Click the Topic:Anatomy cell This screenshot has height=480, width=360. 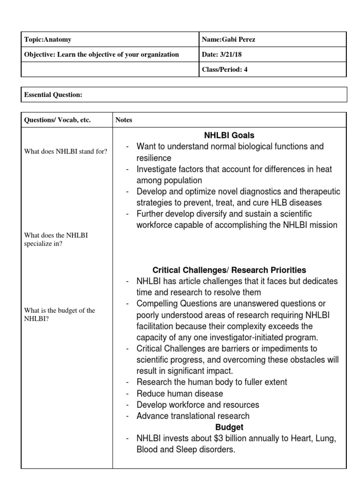(x=48, y=40)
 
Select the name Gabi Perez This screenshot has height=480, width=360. (x=228, y=40)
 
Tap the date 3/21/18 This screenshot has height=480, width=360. (x=222, y=54)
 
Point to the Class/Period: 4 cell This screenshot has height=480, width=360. (x=225, y=69)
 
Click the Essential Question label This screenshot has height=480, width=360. (x=53, y=95)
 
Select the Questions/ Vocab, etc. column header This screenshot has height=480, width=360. (x=57, y=120)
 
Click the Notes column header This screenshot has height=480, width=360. (x=124, y=120)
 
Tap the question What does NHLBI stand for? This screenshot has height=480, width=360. (x=66, y=151)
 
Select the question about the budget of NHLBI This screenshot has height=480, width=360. (x=59, y=315)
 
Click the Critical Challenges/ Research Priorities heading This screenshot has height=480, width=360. (x=229, y=270)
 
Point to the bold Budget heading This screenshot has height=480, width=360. (x=229, y=427)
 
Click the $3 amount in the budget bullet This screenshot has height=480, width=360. (x=216, y=438)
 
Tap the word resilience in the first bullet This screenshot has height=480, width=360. (x=154, y=158)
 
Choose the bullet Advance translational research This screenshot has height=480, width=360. (x=193, y=416)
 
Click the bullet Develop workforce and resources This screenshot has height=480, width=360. (x=197, y=405)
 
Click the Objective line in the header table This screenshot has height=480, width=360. (x=101, y=54)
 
